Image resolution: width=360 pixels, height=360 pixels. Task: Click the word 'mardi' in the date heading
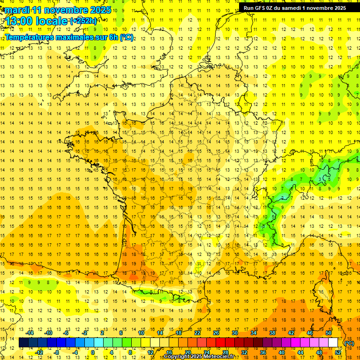click(x=17, y=10)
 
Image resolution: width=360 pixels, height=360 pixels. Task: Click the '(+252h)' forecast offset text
click(x=83, y=21)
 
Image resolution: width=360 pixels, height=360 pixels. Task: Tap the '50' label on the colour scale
click(x=328, y=333)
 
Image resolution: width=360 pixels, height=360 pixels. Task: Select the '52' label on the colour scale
click(x=337, y=352)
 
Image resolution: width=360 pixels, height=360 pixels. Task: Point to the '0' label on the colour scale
click(x=92, y=352)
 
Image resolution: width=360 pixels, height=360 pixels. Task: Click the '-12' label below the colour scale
click(x=39, y=352)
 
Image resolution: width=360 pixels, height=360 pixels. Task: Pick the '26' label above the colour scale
click(x=216, y=333)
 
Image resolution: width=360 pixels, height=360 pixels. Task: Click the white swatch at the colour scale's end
click(x=333, y=343)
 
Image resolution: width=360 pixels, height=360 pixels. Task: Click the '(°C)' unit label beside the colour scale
click(x=349, y=343)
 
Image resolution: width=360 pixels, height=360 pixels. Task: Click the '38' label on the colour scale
click(x=272, y=333)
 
